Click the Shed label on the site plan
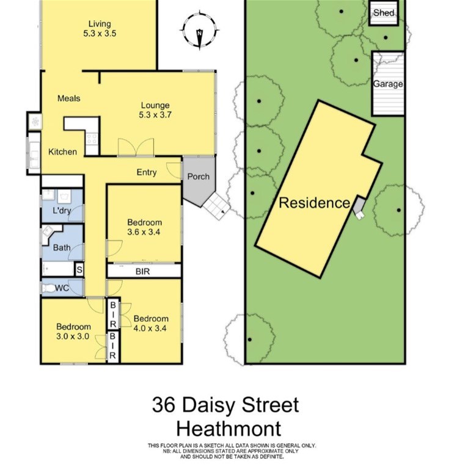384,13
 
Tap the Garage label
388,84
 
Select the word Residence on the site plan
315,203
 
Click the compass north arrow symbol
200,31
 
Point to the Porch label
199,177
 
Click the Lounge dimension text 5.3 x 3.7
155,115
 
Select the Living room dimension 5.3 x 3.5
100,33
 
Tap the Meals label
68,98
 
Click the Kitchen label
62,152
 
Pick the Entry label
147,172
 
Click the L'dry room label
62,211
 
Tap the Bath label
62,247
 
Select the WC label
62,288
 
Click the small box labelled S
79,270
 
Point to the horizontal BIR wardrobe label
143,271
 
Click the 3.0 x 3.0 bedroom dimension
73,337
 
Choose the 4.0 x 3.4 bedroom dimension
150,329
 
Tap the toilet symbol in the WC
48,288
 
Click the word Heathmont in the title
229,429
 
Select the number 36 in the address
163,405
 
